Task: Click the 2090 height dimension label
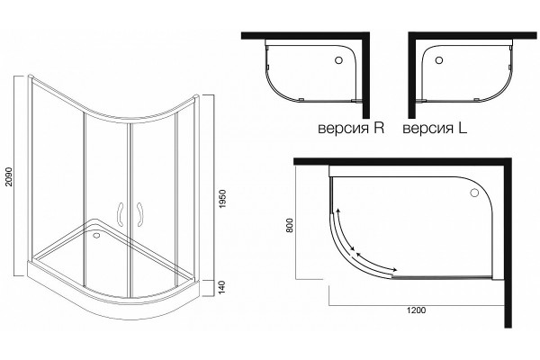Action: [x=9, y=176]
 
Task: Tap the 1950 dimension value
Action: [x=222, y=198]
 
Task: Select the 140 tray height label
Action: [x=222, y=287]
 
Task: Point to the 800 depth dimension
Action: [x=290, y=225]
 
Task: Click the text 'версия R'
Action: [x=351, y=129]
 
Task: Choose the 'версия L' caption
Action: [x=435, y=129]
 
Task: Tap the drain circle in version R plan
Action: [x=338, y=60]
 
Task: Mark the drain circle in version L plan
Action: [x=439, y=60]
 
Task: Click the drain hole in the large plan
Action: [x=475, y=193]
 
